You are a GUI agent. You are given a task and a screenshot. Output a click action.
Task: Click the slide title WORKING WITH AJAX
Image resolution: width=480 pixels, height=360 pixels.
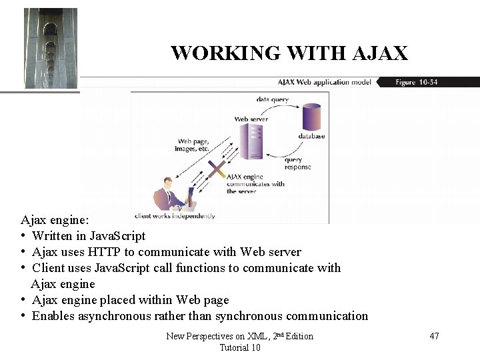pyautogui.click(x=289, y=53)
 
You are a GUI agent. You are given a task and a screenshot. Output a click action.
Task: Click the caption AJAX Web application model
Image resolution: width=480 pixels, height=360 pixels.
pyautogui.click(x=325, y=83)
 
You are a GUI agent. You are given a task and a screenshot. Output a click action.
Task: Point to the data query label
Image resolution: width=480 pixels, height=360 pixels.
pyautogui.click(x=272, y=99)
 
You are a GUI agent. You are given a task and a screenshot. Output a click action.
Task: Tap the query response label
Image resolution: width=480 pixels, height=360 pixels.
pyautogui.click(x=297, y=163)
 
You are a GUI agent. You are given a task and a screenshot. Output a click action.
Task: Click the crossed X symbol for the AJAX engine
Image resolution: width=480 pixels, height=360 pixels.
pyautogui.click(x=215, y=170)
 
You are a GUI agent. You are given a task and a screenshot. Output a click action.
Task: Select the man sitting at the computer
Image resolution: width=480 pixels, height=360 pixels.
pyautogui.click(x=171, y=196)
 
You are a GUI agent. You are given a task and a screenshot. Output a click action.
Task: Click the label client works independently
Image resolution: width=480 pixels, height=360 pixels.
pyautogui.click(x=175, y=216)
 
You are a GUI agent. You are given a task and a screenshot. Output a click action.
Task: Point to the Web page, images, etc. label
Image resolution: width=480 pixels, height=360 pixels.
pyautogui.click(x=193, y=145)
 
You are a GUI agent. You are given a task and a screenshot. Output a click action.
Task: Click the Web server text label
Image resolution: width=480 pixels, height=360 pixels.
pyautogui.click(x=251, y=119)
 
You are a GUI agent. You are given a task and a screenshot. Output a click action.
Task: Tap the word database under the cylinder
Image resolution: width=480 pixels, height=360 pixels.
pyautogui.click(x=311, y=137)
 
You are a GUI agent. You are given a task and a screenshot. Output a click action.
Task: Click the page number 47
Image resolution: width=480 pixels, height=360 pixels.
pyautogui.click(x=434, y=336)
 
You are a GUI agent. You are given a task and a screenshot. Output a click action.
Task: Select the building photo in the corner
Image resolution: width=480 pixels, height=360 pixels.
pyautogui.click(x=51, y=48)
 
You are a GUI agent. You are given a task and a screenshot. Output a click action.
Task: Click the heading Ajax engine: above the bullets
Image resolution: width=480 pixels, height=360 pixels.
pyautogui.click(x=59, y=219)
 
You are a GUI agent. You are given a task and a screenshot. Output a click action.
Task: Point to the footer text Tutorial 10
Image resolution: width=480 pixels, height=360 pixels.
pyautogui.click(x=239, y=347)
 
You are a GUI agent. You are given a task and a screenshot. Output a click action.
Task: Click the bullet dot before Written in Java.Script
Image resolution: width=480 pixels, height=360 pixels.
pyautogui.click(x=23, y=236)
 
